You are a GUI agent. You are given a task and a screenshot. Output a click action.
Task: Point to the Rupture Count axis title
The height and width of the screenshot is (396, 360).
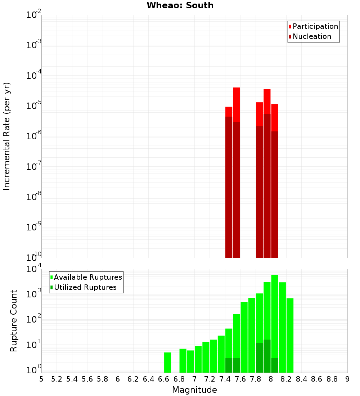coord(14,320)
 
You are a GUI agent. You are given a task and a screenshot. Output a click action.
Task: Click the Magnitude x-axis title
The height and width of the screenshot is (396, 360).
coord(194,390)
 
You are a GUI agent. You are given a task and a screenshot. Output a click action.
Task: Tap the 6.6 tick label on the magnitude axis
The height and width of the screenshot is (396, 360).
coord(164,379)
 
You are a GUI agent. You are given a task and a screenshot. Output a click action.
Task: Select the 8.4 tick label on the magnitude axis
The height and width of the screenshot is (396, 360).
coord(301,379)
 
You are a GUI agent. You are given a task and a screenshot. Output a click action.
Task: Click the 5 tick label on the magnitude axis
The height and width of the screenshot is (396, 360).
coord(41,379)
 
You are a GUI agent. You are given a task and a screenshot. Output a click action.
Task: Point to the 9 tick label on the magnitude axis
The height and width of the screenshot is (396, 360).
coord(347,379)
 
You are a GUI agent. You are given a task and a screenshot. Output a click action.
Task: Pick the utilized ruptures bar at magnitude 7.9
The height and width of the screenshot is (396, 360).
coord(267,356)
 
